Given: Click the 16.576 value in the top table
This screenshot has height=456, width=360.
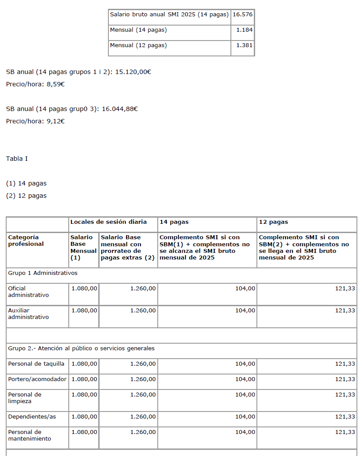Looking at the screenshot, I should [x=242, y=15].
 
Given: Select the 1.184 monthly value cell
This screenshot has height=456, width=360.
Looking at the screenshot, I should [x=245, y=30].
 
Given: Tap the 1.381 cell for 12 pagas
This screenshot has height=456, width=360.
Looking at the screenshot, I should [x=245, y=45].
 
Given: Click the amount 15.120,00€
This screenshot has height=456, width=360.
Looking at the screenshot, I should [x=133, y=72].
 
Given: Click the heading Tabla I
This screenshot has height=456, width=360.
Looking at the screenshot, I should [x=17, y=159].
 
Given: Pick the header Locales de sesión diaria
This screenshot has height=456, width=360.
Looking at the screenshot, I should [x=108, y=222].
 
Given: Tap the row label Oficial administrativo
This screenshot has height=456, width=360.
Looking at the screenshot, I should [x=28, y=292].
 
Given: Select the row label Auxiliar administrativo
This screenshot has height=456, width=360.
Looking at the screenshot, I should [x=28, y=314].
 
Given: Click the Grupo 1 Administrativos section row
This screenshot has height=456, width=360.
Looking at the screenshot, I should [x=43, y=273].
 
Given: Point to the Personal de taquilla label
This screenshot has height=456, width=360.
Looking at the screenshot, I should [x=36, y=364].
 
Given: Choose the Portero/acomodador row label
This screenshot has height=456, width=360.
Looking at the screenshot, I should [x=37, y=379].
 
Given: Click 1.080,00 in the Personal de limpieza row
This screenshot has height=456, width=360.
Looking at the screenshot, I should [x=84, y=395].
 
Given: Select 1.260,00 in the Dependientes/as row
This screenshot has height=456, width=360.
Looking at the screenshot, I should [x=143, y=417].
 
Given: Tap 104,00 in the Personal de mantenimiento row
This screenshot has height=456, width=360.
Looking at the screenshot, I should [x=245, y=432].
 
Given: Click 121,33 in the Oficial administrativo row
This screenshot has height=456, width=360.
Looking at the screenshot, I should [x=345, y=289].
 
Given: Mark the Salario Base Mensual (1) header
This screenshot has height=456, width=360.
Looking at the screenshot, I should [x=83, y=248].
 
